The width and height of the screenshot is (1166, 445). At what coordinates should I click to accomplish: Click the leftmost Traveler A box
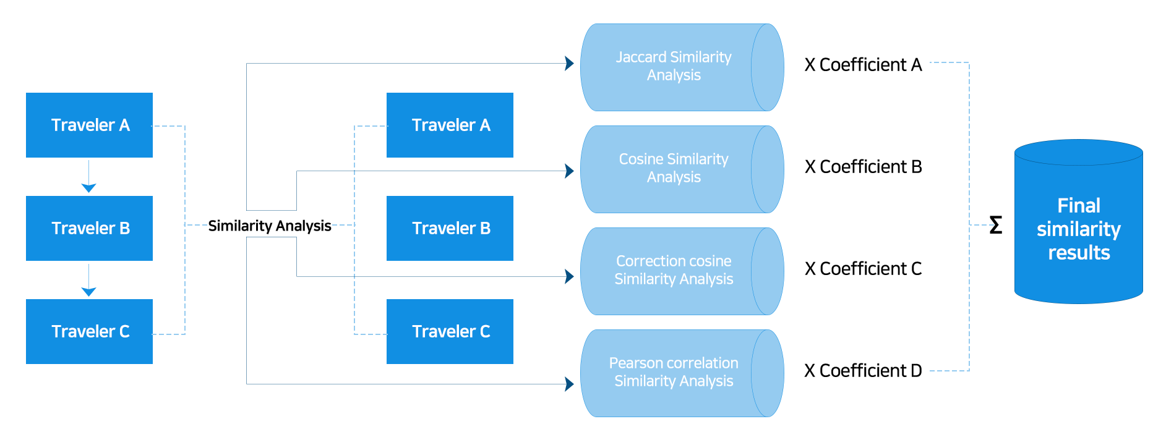point(88,125)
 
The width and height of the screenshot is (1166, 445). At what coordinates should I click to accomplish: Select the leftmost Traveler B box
point(88,228)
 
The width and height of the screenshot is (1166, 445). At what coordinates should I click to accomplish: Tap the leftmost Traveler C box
point(88,331)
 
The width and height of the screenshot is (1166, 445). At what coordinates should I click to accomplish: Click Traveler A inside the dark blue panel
point(450,125)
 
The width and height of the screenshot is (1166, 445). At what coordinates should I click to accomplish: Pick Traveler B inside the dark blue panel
point(450,228)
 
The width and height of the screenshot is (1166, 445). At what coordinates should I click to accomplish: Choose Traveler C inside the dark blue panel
point(450,331)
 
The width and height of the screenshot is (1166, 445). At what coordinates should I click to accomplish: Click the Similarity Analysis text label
point(269,226)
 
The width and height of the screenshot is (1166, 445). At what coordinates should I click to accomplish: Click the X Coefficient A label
point(863,65)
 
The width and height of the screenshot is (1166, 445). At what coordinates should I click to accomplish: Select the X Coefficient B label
point(863,166)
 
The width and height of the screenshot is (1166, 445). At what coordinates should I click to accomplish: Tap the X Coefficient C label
point(863,268)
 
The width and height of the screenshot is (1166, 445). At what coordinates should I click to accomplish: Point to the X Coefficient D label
point(863,370)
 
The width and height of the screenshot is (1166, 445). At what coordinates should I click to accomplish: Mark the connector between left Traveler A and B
point(89,176)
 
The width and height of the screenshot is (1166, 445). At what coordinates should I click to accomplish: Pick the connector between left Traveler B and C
point(89,280)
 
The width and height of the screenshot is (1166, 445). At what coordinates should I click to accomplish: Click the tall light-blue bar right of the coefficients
point(950,216)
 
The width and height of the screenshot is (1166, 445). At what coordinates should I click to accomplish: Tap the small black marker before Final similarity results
point(996,224)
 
